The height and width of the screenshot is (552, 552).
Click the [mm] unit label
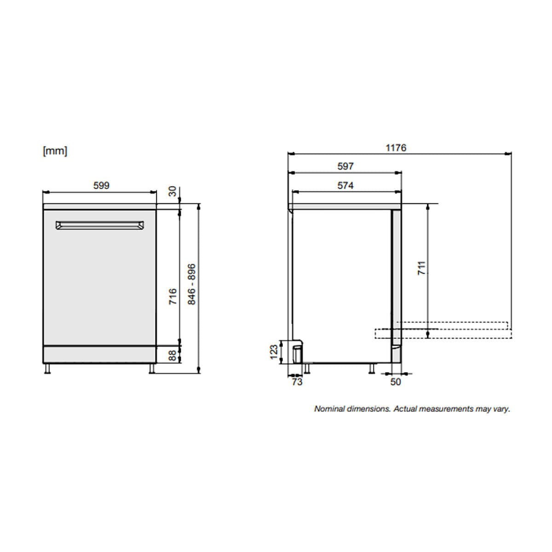tap(55, 151)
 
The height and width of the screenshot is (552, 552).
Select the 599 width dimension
tap(101, 185)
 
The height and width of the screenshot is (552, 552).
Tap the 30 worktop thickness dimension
tap(172, 191)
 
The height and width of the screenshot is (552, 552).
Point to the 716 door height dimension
tap(172, 297)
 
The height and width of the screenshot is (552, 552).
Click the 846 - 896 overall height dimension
tap(192, 284)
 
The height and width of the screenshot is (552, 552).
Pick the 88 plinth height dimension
tap(172, 355)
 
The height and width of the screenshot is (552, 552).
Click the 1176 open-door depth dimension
tap(396, 148)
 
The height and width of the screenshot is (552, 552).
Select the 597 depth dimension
tap(345, 167)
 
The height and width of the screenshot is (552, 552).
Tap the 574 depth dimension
tap(345, 185)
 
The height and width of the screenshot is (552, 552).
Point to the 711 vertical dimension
tap(421, 268)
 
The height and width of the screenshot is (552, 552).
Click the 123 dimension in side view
tap(274, 352)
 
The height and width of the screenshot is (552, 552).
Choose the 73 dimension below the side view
tap(297, 382)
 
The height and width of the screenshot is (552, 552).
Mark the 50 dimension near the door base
tap(395, 382)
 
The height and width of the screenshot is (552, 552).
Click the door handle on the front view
tap(99, 225)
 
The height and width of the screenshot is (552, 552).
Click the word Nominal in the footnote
tap(329, 408)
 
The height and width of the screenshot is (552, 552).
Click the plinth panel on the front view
tap(99, 355)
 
